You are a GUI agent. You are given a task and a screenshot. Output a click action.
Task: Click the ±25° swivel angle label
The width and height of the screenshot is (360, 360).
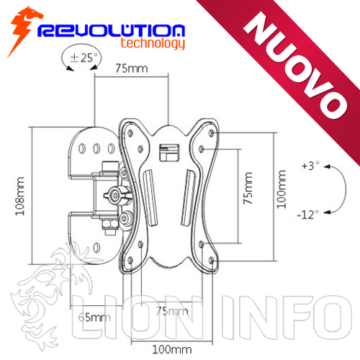[84, 58]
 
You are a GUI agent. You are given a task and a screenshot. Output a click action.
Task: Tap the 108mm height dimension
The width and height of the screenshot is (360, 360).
[20, 197]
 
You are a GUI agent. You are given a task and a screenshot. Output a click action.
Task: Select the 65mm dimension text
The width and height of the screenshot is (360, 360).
[94, 318]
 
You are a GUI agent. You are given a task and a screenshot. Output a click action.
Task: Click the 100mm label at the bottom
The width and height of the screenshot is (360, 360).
[172, 349]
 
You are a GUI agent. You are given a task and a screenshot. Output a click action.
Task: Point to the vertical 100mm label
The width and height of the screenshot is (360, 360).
[282, 189]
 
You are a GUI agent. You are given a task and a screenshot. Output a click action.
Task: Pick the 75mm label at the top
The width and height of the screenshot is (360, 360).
[132, 68]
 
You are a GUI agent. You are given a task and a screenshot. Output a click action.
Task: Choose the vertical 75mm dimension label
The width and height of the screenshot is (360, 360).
[248, 189]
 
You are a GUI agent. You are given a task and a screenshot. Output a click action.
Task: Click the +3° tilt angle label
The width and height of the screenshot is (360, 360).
[311, 166]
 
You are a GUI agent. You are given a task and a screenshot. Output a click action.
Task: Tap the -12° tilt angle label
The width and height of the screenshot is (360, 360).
[308, 215]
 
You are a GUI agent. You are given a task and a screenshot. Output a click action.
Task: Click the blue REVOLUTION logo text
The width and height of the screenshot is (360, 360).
[111, 30]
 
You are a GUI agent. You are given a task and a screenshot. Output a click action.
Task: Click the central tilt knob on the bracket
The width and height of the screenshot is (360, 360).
[117, 195]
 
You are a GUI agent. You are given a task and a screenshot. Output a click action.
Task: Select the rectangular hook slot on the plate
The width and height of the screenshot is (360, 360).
[169, 153]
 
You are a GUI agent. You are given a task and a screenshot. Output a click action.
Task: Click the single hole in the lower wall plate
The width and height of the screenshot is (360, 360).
[96, 248]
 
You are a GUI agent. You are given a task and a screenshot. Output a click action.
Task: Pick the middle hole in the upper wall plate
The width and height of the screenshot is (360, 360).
[96, 149]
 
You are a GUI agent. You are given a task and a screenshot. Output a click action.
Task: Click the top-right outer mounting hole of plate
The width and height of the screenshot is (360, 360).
[212, 132]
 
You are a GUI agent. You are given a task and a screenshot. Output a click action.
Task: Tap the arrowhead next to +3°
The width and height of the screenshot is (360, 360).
[327, 166]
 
